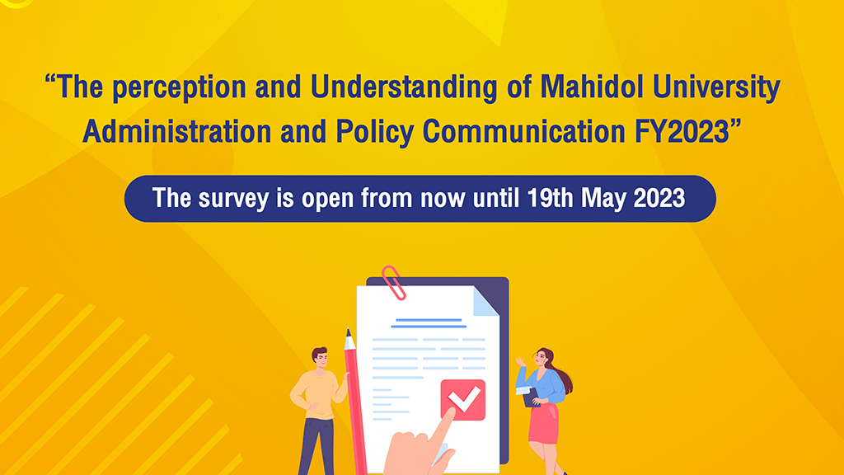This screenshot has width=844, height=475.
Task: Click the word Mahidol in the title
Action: click(592, 87)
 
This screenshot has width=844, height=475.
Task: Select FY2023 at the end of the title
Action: click(682, 132)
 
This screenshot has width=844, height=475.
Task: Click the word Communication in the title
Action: click(523, 132)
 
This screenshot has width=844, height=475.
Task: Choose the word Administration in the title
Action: click(177, 132)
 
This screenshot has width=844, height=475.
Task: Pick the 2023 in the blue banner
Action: click(659, 198)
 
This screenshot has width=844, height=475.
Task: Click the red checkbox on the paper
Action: click(463, 400)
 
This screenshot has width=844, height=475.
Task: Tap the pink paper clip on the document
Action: click(393, 283)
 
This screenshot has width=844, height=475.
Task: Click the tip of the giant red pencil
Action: click(348, 330)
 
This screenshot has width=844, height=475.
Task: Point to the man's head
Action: click(320, 358)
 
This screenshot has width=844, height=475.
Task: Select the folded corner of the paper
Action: click(485, 302)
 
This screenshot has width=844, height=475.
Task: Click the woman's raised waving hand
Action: click(520, 361)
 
